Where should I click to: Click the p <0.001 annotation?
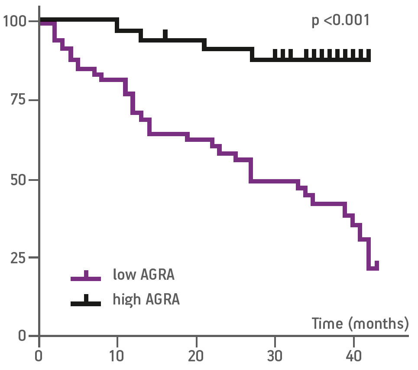pyautogui.click(x=340, y=20)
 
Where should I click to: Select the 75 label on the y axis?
pyautogui.click(x=19, y=100)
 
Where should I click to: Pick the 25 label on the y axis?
pyautogui.click(x=19, y=257)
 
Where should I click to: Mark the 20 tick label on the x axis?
pyautogui.click(x=196, y=357)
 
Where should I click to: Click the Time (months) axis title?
pyautogui.click(x=360, y=323)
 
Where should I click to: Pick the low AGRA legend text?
pyautogui.click(x=143, y=275)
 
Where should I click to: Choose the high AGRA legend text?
pyautogui.click(x=146, y=299)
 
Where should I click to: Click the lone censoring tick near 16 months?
pyautogui.click(x=165, y=35)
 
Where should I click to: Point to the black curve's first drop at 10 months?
pyautogui.click(x=117, y=25)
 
